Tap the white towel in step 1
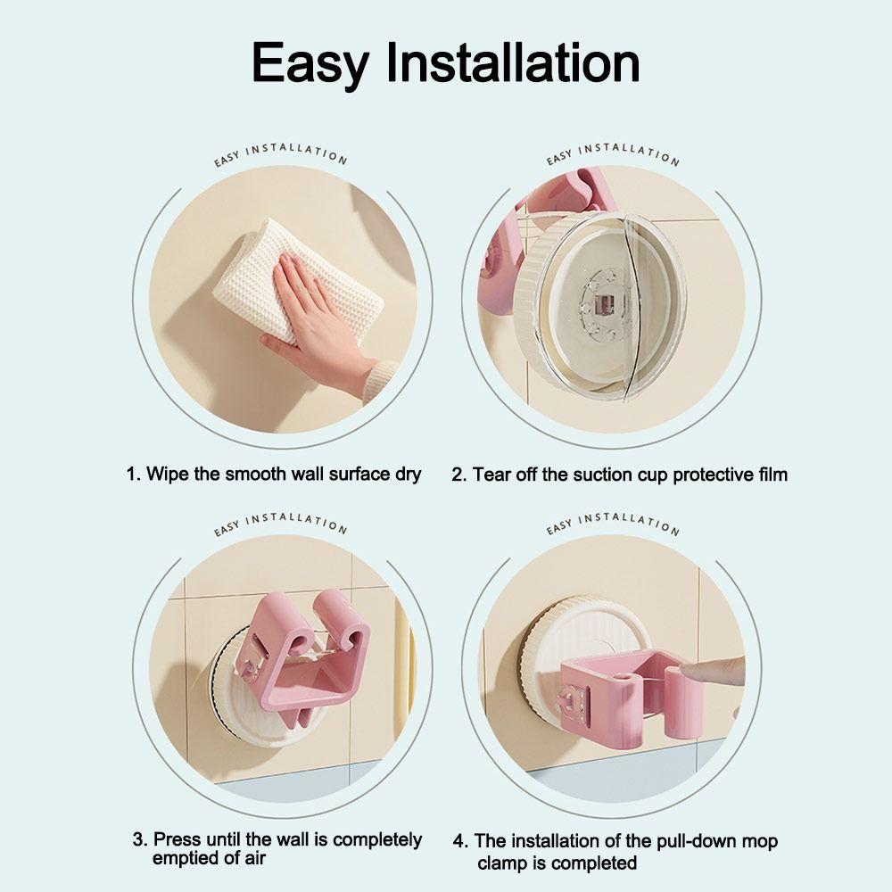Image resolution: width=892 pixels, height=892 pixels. tap(294, 268)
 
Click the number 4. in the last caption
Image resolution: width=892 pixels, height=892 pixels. tap(460, 841)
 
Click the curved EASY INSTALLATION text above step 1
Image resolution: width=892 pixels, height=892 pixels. tap(280, 155)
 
